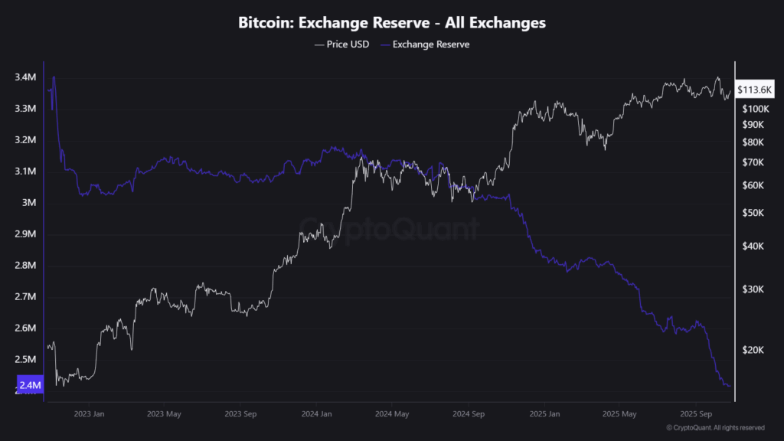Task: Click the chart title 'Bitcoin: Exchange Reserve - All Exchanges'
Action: click(392, 23)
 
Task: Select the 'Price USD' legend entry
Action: click(341, 44)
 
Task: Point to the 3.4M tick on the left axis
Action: click(24, 77)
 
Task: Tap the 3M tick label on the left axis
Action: click(29, 203)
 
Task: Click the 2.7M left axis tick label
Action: click(24, 297)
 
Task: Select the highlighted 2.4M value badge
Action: click(29, 385)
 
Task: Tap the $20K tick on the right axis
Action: click(754, 349)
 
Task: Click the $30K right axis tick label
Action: click(754, 289)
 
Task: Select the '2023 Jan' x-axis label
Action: click(88, 414)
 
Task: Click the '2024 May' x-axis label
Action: click(391, 414)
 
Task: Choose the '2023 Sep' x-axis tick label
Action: click(240, 414)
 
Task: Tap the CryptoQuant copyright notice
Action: click(715, 427)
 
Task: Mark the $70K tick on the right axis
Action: click(754, 162)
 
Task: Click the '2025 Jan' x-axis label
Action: click(543, 414)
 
